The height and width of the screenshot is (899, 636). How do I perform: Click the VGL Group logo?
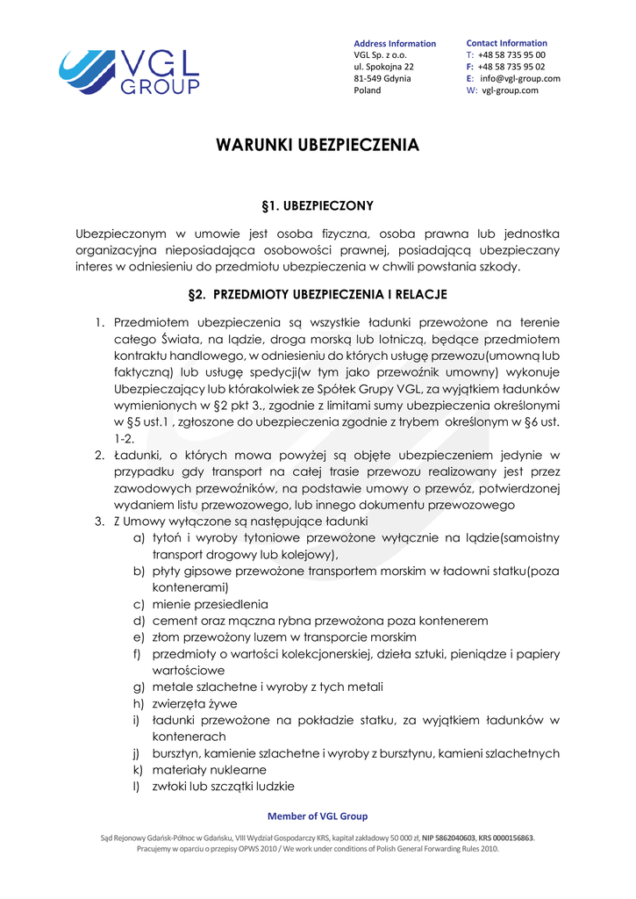pyautogui.click(x=129, y=71)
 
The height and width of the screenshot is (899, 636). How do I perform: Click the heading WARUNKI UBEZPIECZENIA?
pyautogui.click(x=318, y=145)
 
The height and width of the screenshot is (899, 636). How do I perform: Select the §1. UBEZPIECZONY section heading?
pyautogui.click(x=318, y=205)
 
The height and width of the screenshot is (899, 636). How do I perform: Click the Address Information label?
pyautogui.click(x=394, y=43)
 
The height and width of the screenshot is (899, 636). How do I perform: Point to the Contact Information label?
pyautogui.click(x=506, y=43)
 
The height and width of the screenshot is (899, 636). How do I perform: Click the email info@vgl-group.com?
pyautogui.click(x=519, y=78)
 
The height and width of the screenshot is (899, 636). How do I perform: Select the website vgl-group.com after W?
pyautogui.click(x=510, y=90)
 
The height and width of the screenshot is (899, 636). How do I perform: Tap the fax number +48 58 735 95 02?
pyautogui.click(x=511, y=66)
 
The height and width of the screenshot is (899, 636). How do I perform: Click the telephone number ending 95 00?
pyautogui.click(x=511, y=54)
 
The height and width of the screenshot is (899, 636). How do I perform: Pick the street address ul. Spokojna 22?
pyautogui.click(x=383, y=67)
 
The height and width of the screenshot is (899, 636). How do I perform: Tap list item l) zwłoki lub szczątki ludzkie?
pyautogui.click(x=223, y=786)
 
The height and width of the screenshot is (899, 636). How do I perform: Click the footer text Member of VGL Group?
pyautogui.click(x=318, y=816)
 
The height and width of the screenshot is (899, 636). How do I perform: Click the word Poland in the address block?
pyautogui.click(x=368, y=90)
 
